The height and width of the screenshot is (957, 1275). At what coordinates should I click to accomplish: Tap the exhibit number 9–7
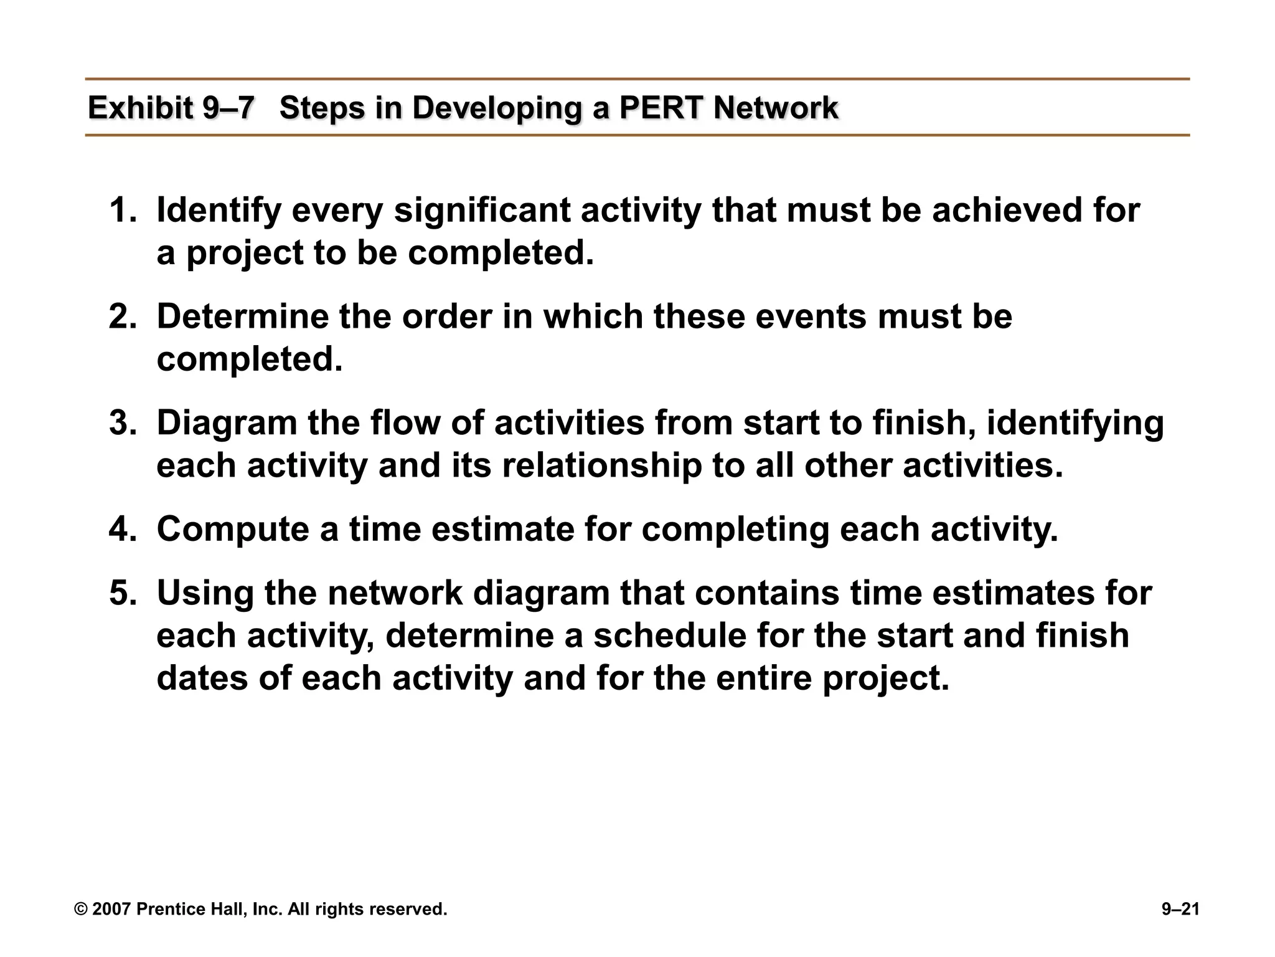228,108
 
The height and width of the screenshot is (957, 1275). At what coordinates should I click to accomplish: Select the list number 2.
122,317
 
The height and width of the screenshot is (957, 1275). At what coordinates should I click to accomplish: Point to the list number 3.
122,423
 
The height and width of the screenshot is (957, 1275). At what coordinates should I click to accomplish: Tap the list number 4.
122,529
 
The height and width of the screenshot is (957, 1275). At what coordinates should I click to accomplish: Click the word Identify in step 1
219,211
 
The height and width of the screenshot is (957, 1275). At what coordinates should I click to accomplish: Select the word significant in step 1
482,211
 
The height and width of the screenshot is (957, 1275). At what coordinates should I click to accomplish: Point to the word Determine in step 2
242,317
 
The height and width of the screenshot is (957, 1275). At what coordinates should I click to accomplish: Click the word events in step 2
811,317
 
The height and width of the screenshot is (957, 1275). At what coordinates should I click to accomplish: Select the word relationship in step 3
601,466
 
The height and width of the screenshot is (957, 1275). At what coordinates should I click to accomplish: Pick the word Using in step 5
205,594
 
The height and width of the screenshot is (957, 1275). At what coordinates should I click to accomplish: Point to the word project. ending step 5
886,679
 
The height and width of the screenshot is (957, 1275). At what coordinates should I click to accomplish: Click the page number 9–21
1180,909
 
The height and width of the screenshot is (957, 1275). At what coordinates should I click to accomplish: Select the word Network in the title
776,108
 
